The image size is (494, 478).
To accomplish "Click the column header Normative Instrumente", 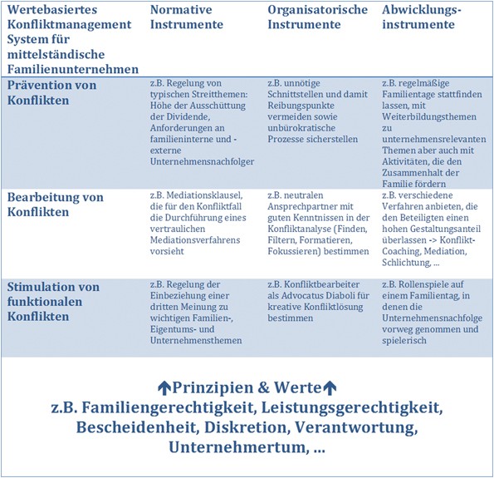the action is [186, 17].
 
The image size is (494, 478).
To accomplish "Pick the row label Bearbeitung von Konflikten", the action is [55, 205].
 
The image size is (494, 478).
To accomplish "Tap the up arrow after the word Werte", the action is [329, 387].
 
